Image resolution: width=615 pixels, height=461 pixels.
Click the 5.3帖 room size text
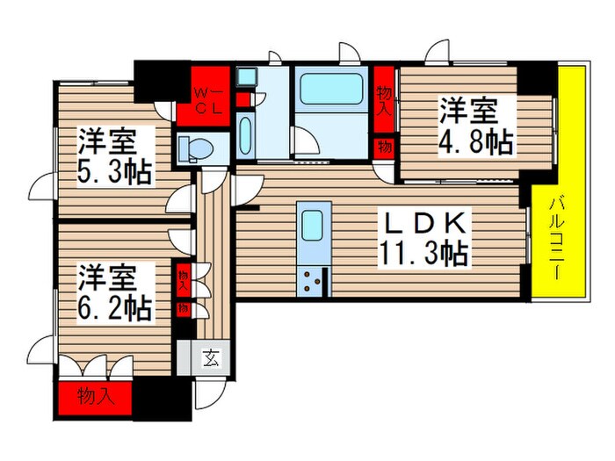(x=115, y=170)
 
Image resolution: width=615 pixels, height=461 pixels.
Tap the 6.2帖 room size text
(x=115, y=307)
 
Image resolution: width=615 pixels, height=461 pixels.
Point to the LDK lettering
(x=422, y=222)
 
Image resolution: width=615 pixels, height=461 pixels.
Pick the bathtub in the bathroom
(x=332, y=90)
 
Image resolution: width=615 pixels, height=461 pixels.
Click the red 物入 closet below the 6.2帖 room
(x=95, y=395)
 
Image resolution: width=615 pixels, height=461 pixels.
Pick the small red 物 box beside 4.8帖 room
(x=384, y=146)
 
